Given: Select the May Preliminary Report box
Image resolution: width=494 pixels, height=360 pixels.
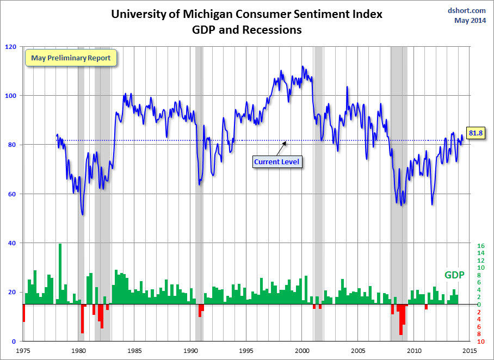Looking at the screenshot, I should pos(71,58).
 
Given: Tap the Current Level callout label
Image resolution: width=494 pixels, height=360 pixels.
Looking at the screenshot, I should pos(276,162).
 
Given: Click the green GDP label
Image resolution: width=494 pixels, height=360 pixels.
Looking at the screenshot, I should pos(454,275).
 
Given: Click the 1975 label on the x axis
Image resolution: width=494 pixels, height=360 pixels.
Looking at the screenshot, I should pos(23,351).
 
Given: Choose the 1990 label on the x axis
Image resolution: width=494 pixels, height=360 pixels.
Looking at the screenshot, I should pos(191,351).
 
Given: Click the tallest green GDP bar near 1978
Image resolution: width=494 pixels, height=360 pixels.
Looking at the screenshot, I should pos(60,272).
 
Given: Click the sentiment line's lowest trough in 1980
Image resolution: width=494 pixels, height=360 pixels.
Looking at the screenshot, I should pos(82,214).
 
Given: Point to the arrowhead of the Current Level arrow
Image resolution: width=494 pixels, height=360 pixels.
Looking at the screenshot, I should pos(285,143).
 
